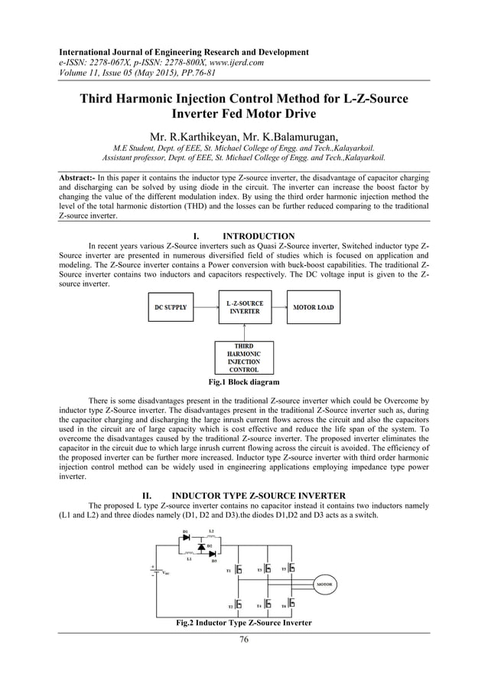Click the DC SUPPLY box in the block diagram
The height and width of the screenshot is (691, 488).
pyautogui.click(x=171, y=308)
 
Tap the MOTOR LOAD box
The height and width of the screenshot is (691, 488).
pyautogui.click(x=314, y=308)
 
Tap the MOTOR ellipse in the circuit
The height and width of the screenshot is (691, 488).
pyautogui.click(x=324, y=584)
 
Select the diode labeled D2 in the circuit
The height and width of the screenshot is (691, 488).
pyautogui.click(x=200, y=547)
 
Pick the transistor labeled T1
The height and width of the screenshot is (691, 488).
pyautogui.click(x=239, y=570)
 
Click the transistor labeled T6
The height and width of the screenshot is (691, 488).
pyautogui.click(x=292, y=605)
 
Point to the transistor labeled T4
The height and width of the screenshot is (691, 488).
pyautogui.click(x=268, y=605)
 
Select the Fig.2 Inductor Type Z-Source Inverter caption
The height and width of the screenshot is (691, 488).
pyautogui.click(x=244, y=624)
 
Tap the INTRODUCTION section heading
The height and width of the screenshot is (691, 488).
pyautogui.click(x=258, y=236)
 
